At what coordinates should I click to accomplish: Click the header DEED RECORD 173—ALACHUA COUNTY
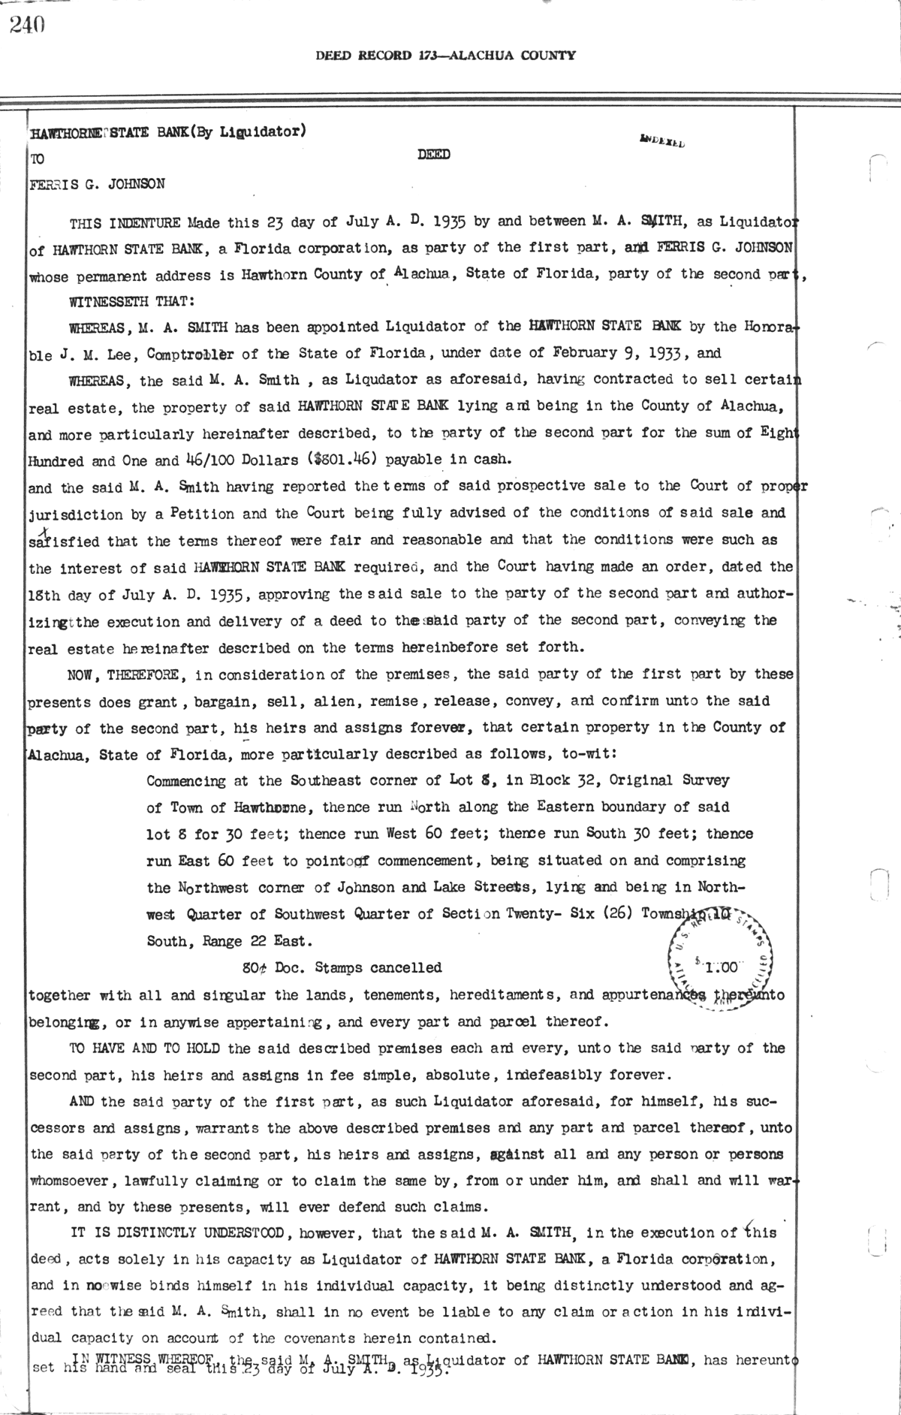445,55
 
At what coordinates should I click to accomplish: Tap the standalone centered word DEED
433,155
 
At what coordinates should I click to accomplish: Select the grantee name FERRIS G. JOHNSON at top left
97,183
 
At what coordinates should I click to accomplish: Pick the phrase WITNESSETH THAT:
132,300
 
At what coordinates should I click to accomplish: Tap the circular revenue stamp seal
715,960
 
